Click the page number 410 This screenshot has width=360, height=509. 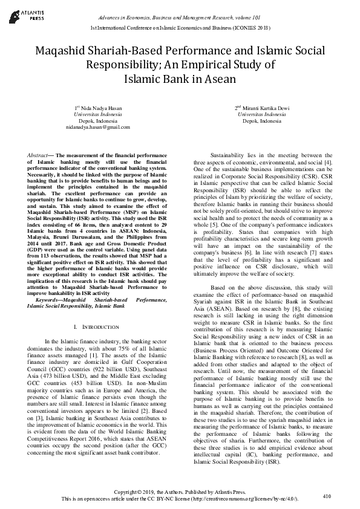coord(327,496)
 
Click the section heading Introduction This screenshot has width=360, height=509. coord(101,327)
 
